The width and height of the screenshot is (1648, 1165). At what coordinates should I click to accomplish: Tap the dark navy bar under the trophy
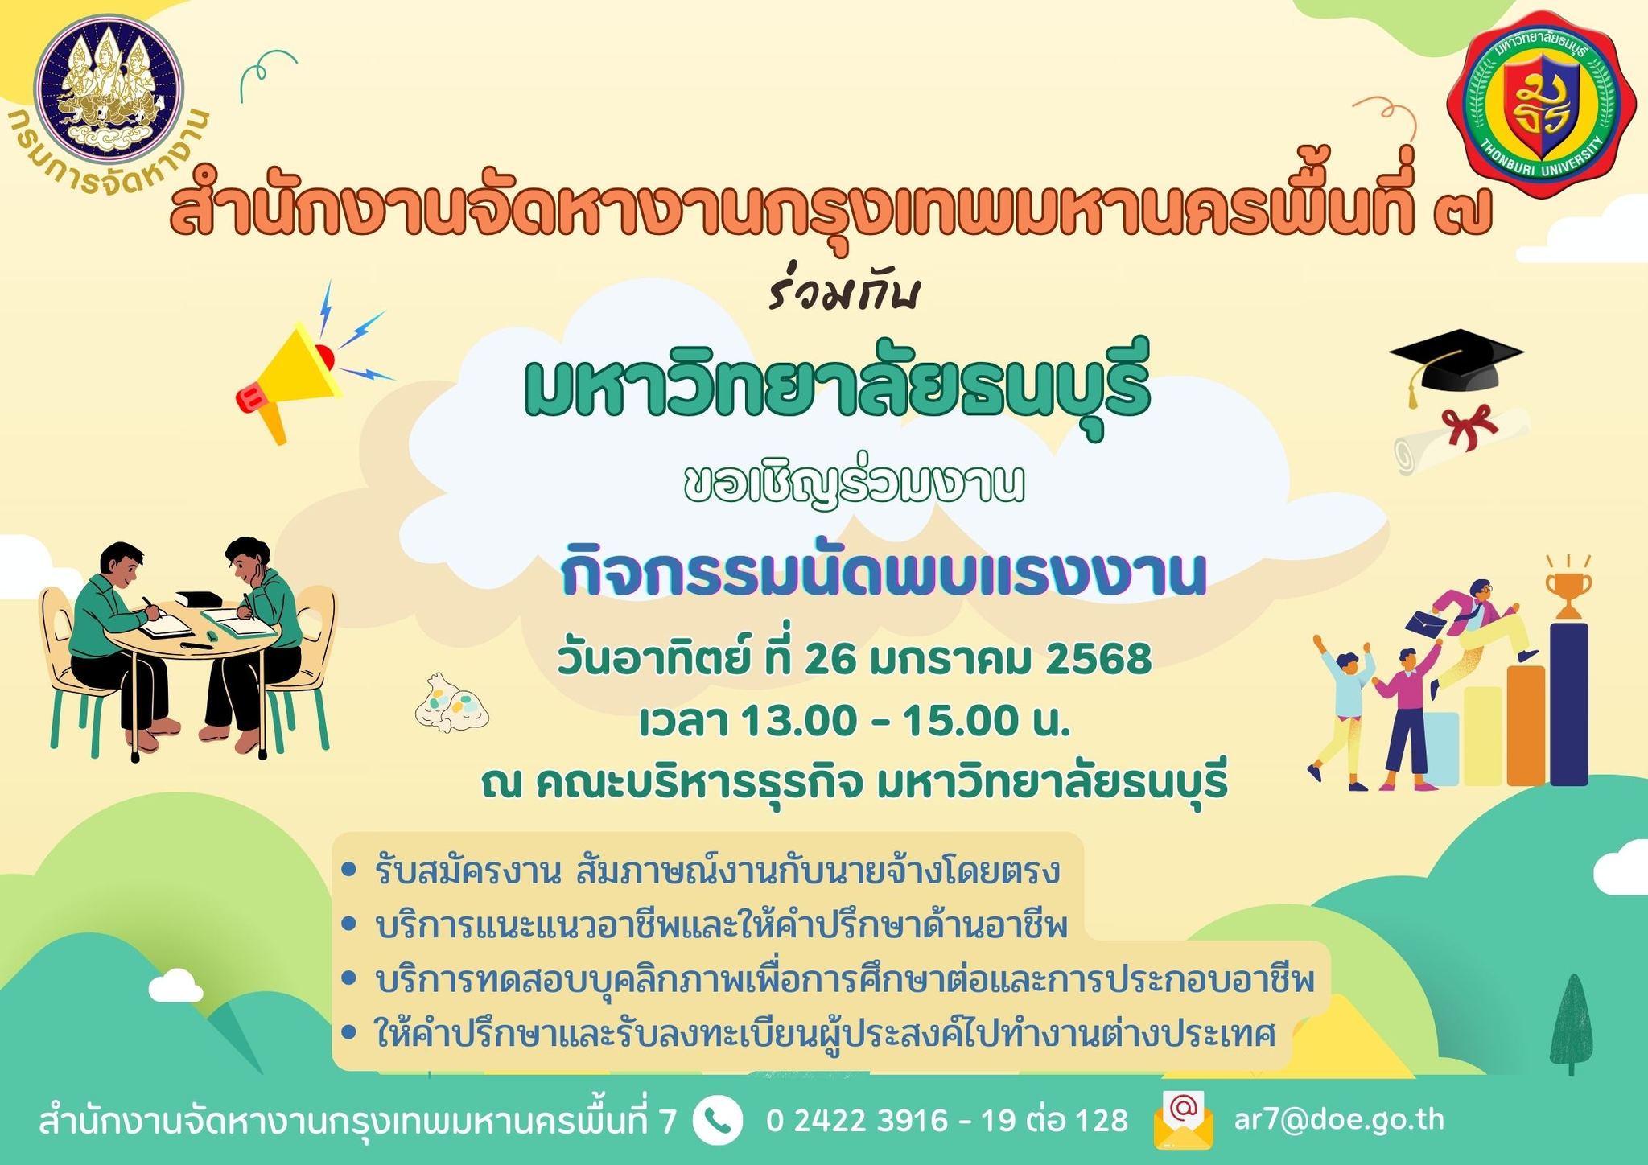1569,703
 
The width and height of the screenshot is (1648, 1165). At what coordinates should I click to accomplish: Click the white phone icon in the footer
717,1120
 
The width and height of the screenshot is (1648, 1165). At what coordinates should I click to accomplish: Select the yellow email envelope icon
1183,1120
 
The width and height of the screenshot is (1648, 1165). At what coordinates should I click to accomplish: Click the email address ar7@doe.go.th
1339,1120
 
